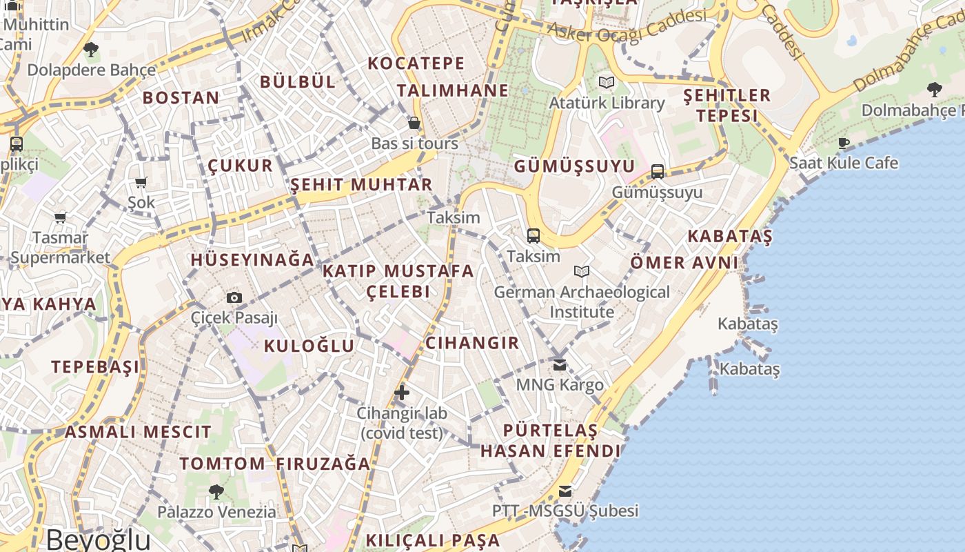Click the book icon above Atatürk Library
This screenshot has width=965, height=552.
[x=607, y=83]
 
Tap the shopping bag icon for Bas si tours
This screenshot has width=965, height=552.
[x=414, y=123]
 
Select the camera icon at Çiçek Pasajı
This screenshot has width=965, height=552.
[x=234, y=298]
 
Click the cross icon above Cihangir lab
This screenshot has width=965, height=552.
[x=402, y=393]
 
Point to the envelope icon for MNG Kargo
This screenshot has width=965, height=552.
[x=560, y=364]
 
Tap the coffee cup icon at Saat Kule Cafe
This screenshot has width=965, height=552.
[x=844, y=143]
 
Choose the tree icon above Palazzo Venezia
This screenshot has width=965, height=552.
[x=216, y=491]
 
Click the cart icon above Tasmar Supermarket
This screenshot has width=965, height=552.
[x=61, y=217]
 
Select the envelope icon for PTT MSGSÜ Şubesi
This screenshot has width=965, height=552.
[x=565, y=491]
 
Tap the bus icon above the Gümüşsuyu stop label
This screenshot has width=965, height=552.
[x=658, y=172]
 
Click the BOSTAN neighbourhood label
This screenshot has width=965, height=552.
[x=181, y=98]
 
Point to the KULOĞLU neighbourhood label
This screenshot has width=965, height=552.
[x=309, y=346]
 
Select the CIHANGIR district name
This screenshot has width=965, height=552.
[x=472, y=343]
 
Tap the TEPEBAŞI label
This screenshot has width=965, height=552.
[x=94, y=366]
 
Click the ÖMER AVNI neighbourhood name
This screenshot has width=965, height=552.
[x=684, y=263]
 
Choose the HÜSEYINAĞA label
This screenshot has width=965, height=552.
[x=252, y=260]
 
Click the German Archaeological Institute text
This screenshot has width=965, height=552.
[x=582, y=302]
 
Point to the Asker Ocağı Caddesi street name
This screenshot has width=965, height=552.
[x=627, y=26]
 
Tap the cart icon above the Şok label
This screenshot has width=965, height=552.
[x=141, y=183]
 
